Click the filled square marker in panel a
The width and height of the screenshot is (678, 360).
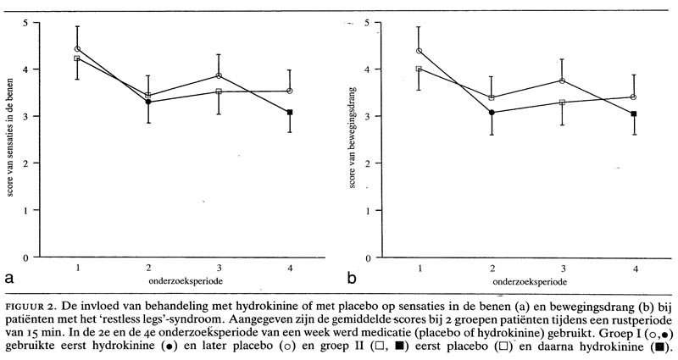290,112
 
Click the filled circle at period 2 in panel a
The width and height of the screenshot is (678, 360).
148,102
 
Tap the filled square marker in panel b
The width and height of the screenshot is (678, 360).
634,114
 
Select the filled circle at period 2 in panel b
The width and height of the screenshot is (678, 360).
491,112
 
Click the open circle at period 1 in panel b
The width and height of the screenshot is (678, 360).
419,51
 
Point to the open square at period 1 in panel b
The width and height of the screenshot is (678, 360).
419,69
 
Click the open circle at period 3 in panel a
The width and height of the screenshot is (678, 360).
219,75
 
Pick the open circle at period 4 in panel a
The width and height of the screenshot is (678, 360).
290,91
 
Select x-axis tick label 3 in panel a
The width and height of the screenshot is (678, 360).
219,268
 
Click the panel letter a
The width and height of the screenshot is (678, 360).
8,277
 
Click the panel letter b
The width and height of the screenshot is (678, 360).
351,276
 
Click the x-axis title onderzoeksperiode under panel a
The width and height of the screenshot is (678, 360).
183,280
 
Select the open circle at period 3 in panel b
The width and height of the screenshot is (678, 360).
562,80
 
